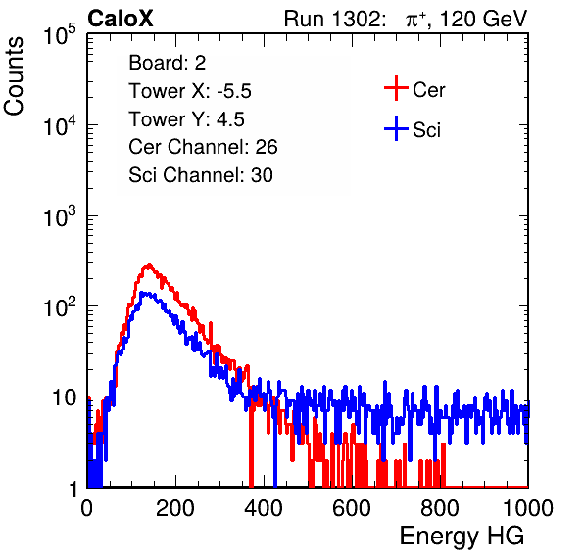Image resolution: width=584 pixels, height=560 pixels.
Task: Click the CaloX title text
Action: (x=120, y=19)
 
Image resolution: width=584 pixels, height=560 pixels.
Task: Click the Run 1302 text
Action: (x=334, y=19)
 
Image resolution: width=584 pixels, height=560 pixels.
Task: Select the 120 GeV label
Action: (x=483, y=19)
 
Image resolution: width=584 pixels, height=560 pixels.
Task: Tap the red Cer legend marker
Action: (x=396, y=88)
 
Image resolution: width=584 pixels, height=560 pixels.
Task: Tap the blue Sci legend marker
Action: (x=396, y=129)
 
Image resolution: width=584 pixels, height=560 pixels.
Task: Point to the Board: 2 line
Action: (x=167, y=63)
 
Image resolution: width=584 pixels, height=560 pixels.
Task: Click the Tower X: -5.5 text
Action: (x=190, y=91)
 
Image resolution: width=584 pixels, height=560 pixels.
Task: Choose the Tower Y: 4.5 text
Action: (x=186, y=119)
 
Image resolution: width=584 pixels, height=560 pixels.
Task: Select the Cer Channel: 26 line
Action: (x=203, y=147)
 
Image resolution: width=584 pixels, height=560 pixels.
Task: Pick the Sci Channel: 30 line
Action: (x=201, y=175)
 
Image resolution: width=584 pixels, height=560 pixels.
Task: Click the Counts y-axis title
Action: (x=14, y=76)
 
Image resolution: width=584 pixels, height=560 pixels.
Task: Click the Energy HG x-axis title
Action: (x=462, y=537)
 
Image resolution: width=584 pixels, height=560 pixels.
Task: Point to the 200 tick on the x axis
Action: (x=175, y=508)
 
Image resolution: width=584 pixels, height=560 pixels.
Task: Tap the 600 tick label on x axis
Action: (x=352, y=508)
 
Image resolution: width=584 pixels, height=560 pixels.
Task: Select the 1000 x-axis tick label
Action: (x=528, y=508)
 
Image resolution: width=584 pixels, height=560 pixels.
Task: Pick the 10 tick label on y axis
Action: (x=64, y=397)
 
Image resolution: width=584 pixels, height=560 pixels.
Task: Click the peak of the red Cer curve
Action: (x=149, y=265)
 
